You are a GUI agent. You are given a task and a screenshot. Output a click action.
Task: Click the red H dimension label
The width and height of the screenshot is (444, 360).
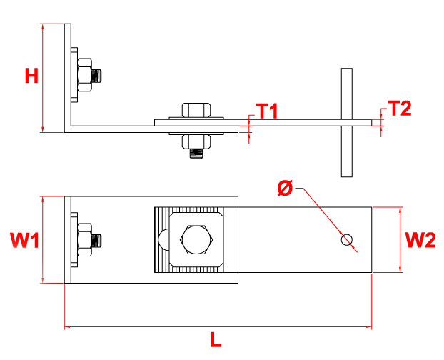point(31,76)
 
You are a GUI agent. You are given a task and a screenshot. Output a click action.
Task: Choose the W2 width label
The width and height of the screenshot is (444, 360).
point(420,241)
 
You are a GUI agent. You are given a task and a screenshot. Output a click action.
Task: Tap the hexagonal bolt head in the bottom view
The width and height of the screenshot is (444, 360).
point(196,240)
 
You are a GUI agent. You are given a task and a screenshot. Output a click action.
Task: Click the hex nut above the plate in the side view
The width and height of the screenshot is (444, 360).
point(196,110)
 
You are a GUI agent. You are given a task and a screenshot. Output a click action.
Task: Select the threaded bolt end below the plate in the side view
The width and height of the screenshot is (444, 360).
point(196,151)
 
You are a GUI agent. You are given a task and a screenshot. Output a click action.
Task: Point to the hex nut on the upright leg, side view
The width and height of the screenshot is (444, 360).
point(86,74)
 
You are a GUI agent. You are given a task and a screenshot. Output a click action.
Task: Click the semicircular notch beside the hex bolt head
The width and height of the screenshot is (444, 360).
point(163,240)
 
